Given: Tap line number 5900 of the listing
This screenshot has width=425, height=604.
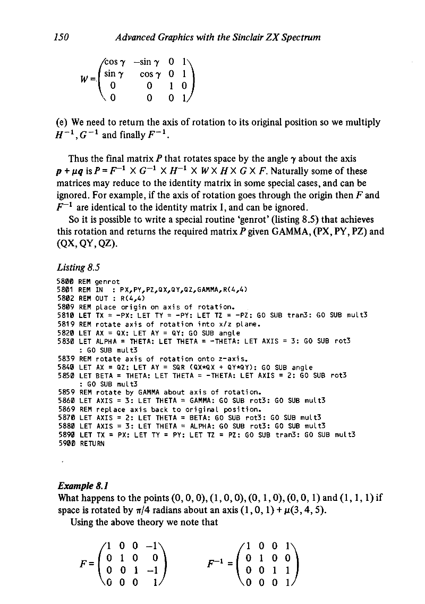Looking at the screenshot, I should click(x=65, y=444).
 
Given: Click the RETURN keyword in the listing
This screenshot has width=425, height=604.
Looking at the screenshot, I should click(x=90, y=444).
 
